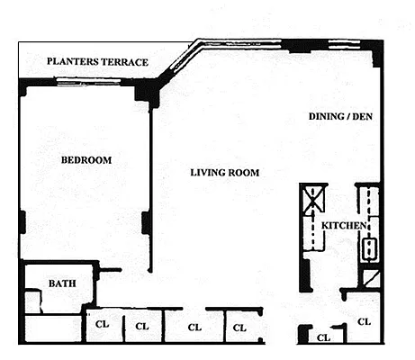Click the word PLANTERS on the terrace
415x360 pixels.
[x=73, y=61]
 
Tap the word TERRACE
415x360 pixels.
[x=124, y=62]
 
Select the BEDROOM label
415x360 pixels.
[x=86, y=160]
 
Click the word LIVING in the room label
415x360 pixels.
[x=207, y=173]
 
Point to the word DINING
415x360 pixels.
[x=327, y=116]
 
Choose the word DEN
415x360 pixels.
[x=362, y=116]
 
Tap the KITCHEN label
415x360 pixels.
[x=344, y=225]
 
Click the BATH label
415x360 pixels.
[x=62, y=283]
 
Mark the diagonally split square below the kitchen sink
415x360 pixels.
[x=371, y=279]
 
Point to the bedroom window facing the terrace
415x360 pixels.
[x=88, y=81]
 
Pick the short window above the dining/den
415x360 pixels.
[x=344, y=44]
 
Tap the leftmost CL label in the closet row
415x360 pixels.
[x=102, y=324]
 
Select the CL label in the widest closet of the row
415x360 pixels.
[x=194, y=328]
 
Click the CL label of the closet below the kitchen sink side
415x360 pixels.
[x=364, y=322]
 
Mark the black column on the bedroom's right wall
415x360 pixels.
[x=146, y=222]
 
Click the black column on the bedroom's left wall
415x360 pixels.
[x=23, y=222]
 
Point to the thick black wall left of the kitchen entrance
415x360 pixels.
[x=305, y=274]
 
